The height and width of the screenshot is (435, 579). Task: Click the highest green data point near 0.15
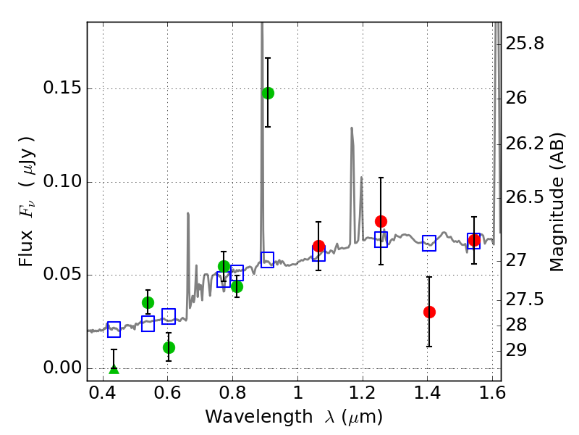268,93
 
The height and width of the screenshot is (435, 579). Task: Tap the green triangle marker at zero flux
114,369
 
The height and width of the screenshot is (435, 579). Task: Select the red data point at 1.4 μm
429,312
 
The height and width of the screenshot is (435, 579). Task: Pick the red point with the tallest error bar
381,221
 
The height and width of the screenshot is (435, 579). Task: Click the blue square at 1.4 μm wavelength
429,244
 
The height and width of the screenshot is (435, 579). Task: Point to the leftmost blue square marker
114,329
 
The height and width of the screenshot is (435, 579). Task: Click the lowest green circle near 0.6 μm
169,347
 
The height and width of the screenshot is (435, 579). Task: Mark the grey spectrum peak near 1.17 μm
352,129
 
